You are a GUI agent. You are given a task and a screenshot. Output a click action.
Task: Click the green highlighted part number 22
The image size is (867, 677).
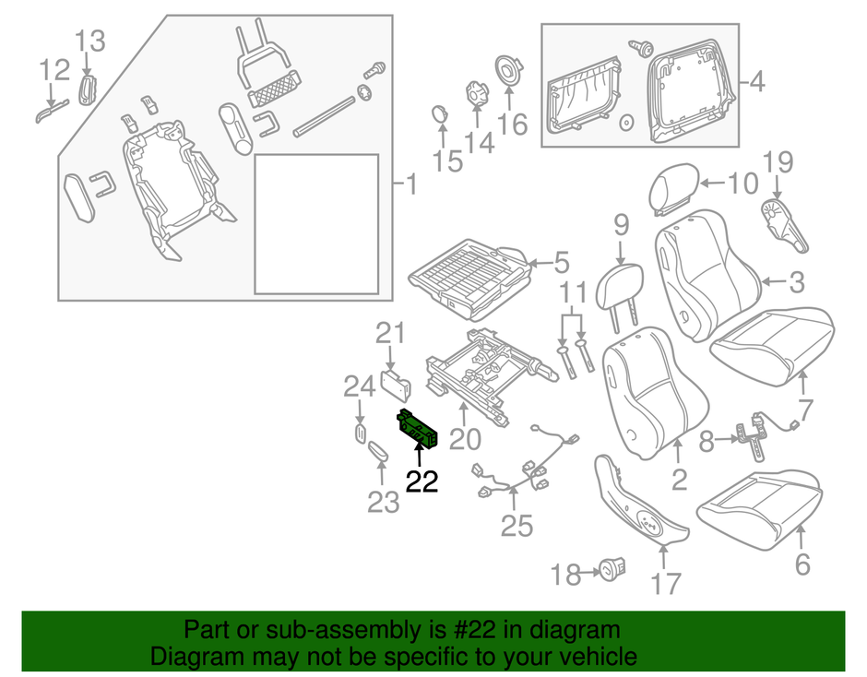(416, 428)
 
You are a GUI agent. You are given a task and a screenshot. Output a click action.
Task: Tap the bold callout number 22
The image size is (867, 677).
(422, 481)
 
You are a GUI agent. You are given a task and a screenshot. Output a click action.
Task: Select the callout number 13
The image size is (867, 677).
(91, 41)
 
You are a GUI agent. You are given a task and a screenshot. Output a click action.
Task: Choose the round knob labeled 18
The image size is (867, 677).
(612, 572)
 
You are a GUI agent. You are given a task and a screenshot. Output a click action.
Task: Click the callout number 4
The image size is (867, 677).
(756, 83)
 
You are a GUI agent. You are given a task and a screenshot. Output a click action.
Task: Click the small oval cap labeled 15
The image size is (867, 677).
(440, 114)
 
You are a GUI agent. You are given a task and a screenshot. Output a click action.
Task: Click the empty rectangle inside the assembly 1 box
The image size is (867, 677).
(316, 224)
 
